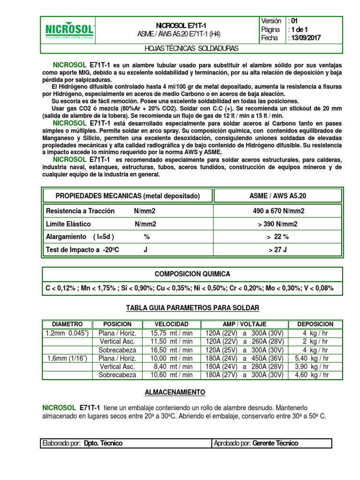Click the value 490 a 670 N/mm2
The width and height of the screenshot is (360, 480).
[277, 211]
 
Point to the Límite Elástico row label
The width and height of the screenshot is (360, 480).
[68, 224]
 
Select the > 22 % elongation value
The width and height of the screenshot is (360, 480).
[277, 237]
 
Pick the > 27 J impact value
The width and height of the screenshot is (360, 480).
[277, 250]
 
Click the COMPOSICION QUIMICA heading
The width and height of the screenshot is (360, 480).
[193, 274]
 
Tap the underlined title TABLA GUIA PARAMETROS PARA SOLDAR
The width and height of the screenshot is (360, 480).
[192, 307]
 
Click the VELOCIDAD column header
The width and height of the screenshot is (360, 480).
[172, 324]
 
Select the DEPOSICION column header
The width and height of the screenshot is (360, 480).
[315, 324]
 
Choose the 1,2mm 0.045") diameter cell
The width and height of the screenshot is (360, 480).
[67, 332]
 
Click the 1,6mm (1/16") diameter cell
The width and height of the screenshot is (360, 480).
[67, 358]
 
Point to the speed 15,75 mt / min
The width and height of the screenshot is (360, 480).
[172, 332]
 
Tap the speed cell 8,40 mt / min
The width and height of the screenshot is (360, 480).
[172, 367]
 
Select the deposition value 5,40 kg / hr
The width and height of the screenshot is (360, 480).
[315, 358]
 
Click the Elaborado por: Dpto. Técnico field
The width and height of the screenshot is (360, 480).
[127, 443]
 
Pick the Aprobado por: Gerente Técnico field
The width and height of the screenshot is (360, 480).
[272, 443]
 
